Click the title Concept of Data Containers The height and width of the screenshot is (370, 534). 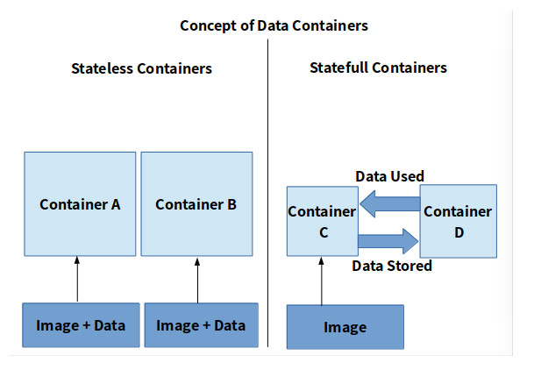(274, 25)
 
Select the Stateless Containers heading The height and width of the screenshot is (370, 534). (141, 68)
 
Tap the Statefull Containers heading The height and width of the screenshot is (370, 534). (379, 68)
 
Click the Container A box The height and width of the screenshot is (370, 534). (80, 204)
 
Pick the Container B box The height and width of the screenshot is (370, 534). (196, 204)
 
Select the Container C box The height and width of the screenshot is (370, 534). (321, 223)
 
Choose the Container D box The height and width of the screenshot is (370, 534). (459, 223)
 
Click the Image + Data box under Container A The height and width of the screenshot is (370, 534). (80, 325)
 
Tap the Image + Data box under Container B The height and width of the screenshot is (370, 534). (201, 325)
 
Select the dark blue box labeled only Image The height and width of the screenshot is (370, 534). (345, 327)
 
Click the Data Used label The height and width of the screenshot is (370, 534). (390, 176)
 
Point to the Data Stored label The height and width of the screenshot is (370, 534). (390, 265)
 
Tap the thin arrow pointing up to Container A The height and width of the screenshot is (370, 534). (78, 279)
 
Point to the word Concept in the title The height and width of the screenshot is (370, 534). (208, 25)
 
